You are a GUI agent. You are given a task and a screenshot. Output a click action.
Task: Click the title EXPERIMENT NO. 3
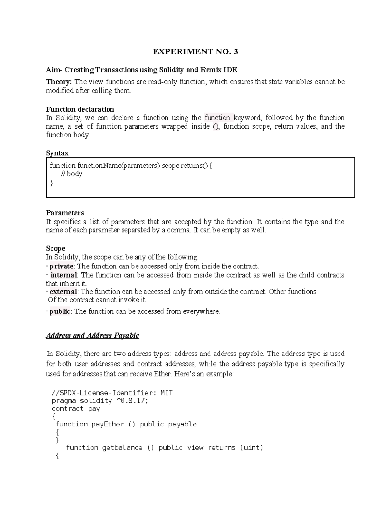pos(195,52)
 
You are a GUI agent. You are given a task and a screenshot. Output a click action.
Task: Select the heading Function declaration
pos(80,109)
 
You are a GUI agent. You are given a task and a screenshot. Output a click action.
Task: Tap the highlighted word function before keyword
pos(217,118)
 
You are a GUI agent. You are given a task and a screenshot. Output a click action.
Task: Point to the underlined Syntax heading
pos(57,153)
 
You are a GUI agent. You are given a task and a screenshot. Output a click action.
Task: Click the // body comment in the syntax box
pos(72,174)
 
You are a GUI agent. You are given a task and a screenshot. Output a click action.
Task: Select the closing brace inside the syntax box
pos(51,183)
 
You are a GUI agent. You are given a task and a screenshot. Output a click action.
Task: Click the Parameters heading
pos(65,213)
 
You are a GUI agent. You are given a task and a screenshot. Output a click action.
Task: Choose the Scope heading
pos(55,249)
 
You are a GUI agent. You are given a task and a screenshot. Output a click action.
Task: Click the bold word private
pos(61,266)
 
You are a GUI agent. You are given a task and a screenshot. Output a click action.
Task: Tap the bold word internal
pos(64,275)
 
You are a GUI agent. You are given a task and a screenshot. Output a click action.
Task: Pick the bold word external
pos(63,292)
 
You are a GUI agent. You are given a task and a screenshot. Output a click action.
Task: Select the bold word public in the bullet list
pos(60,311)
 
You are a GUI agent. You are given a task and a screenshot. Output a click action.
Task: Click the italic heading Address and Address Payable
pos(93,335)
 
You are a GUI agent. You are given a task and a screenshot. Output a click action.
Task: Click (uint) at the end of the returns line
pos(251,448)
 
